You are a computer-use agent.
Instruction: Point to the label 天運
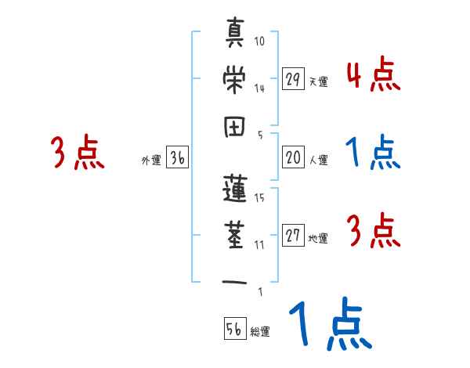pos(318,81)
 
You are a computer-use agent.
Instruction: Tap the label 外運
pos(151,161)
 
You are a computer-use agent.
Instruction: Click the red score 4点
pos(373,75)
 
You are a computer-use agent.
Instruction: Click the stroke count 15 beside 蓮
pos(259,197)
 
